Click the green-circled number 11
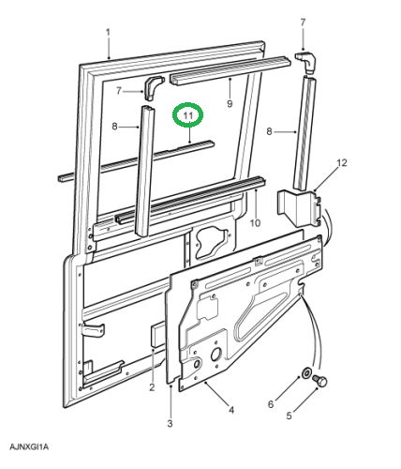click(188, 115)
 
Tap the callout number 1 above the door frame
click(108, 33)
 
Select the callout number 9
click(230, 103)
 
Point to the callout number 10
click(255, 223)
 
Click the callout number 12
click(342, 163)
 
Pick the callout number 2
click(152, 387)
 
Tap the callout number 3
click(170, 424)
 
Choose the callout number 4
click(231, 410)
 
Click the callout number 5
click(289, 416)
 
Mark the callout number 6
click(271, 404)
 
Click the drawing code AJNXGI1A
click(29, 446)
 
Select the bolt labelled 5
click(319, 379)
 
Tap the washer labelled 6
click(305, 372)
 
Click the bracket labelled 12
click(299, 208)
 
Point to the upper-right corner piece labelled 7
click(306, 62)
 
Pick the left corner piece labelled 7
click(153, 87)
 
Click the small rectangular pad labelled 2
click(157, 335)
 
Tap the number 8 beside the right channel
click(269, 131)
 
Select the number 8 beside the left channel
click(114, 127)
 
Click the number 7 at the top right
click(303, 23)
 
